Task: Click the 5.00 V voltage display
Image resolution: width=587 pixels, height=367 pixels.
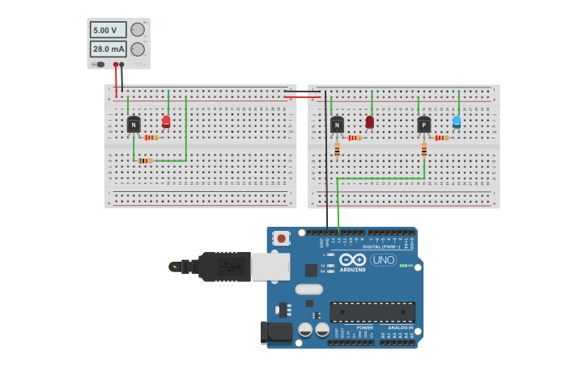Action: pyautogui.click(x=107, y=30)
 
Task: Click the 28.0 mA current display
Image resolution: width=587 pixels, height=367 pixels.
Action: pyautogui.click(x=107, y=49)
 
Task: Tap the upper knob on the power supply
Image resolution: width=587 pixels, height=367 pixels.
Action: pyautogui.click(x=138, y=30)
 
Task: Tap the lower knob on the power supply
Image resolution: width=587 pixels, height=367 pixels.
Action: pyautogui.click(x=138, y=49)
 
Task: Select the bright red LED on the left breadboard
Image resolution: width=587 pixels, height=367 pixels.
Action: pyautogui.click(x=166, y=122)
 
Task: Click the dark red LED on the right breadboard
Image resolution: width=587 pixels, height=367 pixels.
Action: pyautogui.click(x=370, y=122)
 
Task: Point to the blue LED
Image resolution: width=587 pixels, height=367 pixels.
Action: pyautogui.click(x=457, y=122)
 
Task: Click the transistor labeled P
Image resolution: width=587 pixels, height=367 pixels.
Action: pyautogui.click(x=423, y=125)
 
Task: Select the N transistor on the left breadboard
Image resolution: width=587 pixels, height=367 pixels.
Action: pyautogui.click(x=134, y=125)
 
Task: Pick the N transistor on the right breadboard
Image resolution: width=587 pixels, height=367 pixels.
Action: pyautogui.click(x=337, y=125)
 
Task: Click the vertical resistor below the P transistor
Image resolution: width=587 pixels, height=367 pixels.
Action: pyautogui.click(x=423, y=149)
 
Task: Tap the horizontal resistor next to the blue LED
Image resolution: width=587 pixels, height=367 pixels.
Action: pyautogui.click(x=441, y=138)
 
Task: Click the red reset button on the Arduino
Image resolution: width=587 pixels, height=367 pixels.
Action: pyautogui.click(x=281, y=238)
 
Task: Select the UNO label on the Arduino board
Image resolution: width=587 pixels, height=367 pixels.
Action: pyautogui.click(x=383, y=260)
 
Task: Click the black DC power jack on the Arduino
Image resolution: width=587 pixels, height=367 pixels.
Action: pyautogui.click(x=274, y=331)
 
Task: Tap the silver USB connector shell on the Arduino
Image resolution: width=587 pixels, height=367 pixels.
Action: pyautogui.click(x=270, y=267)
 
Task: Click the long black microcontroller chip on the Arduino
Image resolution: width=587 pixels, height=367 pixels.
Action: pyautogui.click(x=372, y=312)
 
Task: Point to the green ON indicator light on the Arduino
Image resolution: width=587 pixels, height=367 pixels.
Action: pyautogui.click(x=403, y=266)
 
